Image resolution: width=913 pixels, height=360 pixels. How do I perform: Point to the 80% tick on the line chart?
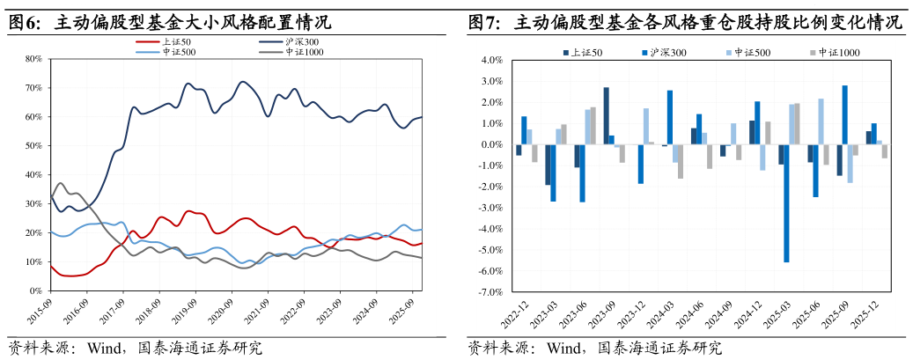click(34, 59)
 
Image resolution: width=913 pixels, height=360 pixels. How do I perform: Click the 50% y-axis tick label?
click(34, 146)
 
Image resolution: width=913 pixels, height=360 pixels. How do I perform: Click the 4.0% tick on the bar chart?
click(490, 61)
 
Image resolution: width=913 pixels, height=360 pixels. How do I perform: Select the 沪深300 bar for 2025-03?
click(786, 203)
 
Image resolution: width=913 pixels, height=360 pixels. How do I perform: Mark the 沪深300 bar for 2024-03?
click(670, 117)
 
